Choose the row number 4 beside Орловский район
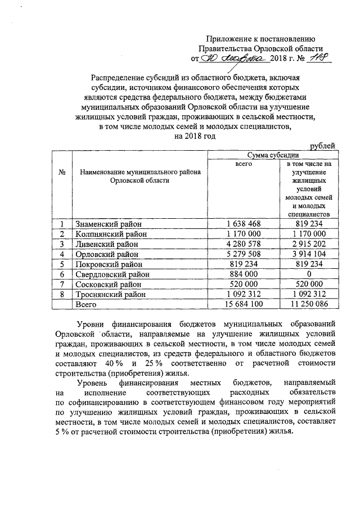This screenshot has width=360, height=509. (62, 254)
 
